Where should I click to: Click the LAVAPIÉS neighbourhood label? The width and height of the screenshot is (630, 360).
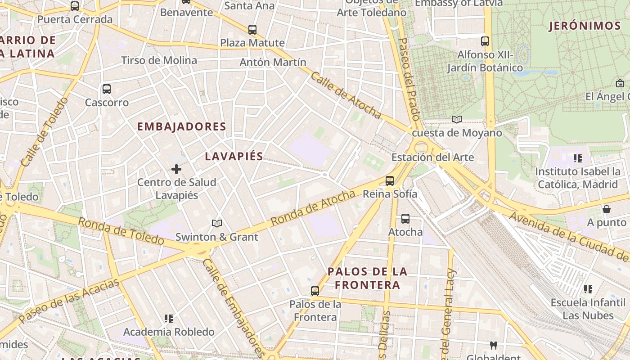coord(234,157)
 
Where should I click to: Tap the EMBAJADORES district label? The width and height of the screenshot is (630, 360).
coord(181,127)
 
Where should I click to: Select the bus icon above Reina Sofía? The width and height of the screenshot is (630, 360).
coord(390,181)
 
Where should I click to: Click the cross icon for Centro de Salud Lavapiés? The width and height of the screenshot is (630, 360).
coord(176,169)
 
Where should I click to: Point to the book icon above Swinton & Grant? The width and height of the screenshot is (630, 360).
coord(217,223)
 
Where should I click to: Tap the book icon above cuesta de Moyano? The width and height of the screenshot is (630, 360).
coord(457,119)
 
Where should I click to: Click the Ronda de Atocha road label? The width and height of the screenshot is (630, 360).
coord(313,208)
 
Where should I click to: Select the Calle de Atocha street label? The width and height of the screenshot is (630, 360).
coord(346,95)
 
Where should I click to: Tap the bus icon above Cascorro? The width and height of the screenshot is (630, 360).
coord(107,89)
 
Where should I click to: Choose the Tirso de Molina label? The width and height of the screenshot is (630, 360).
coord(159,60)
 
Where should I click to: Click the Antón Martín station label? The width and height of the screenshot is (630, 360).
coord(273,62)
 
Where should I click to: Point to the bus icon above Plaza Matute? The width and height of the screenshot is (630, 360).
coord(252,30)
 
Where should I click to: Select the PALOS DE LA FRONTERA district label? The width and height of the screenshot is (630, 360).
coord(367,278)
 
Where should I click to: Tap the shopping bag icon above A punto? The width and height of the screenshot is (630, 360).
coord(607,209)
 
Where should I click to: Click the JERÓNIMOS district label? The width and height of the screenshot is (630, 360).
coord(585,26)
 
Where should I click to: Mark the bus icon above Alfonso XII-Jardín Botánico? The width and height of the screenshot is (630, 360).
coord(485,41)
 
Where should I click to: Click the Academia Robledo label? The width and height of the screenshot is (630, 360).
coord(169,332)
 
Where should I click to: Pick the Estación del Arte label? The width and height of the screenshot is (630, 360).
coord(432,157)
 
